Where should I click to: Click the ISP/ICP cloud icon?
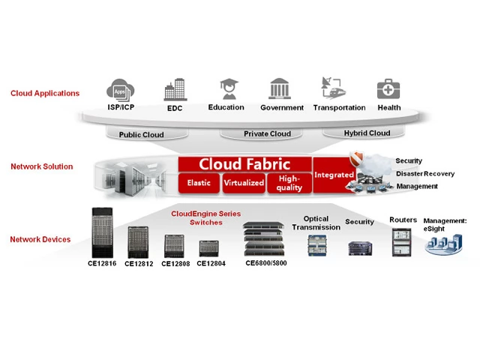tap(120, 88)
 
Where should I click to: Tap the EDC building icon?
tap(175, 89)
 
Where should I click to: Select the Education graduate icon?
tap(226, 89)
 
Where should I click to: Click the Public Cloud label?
tap(141, 135)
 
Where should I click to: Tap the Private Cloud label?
tap(267, 134)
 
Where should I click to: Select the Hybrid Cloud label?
tap(367, 133)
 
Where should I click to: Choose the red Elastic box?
tap(199, 182)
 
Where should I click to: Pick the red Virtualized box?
tap(244, 182)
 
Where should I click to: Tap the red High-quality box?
tap(289, 182)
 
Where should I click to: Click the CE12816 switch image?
tap(103, 232)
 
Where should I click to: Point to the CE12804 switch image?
tap(208, 248)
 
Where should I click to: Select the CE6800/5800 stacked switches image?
tap(264, 239)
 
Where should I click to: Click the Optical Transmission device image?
tap(316, 245)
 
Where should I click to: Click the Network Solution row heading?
tap(42, 166)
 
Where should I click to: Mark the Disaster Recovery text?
tap(425, 174)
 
